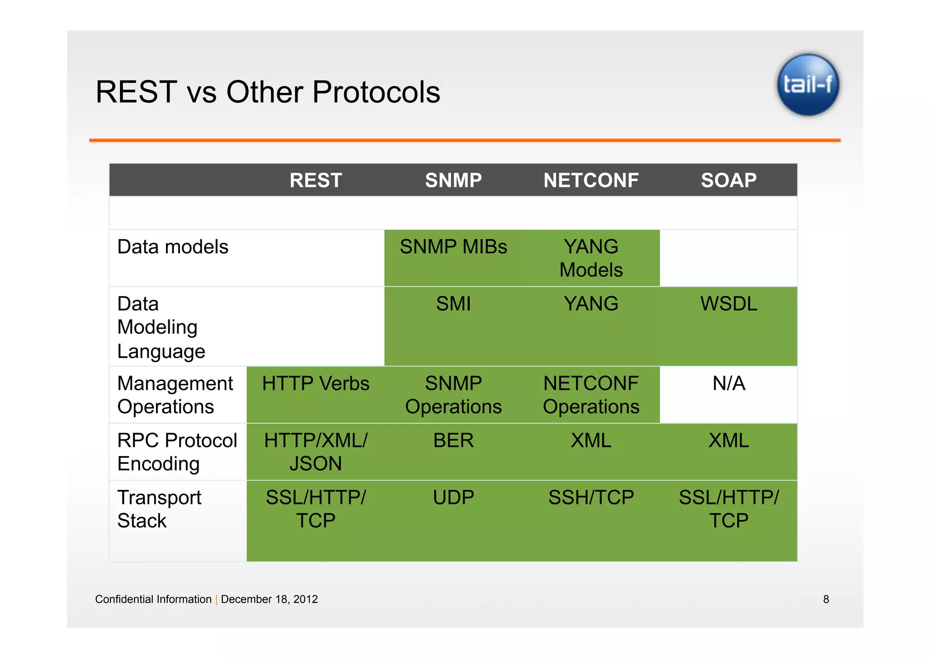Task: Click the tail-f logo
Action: coord(808,85)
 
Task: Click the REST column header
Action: coord(315,181)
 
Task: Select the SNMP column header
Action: coord(453,181)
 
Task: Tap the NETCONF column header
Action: coord(591,181)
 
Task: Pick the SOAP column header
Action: coord(729,181)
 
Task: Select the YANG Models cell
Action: coord(591,258)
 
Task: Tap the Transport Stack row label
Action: coord(159,509)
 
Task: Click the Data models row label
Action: coord(173,247)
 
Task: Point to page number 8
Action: coord(826,599)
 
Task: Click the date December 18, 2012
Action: coord(269,599)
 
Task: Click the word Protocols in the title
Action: coord(376,92)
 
